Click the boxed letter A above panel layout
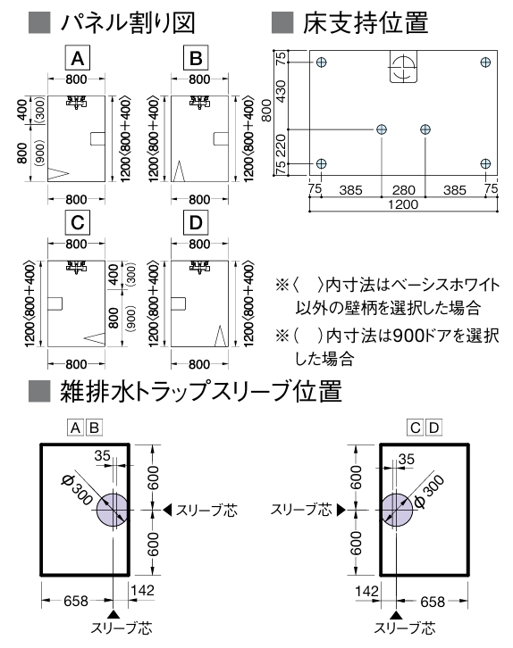point(78,57)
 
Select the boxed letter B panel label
point(196,57)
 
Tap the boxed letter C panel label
point(78,223)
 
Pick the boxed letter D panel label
point(196,223)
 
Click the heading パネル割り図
point(128,22)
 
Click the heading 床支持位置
point(365,22)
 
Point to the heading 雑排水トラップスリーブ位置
point(201,391)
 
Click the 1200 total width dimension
point(403,204)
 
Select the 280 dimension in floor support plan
point(403,190)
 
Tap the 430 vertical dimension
point(281,92)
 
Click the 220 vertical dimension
point(281,145)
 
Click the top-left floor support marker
point(322,62)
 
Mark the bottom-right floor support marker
point(485,163)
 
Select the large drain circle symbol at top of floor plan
point(403,67)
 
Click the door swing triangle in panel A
point(58,174)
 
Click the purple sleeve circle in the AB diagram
point(113,510)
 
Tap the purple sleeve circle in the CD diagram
point(397,510)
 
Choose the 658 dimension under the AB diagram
point(76,601)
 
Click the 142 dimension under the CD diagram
point(367,591)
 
